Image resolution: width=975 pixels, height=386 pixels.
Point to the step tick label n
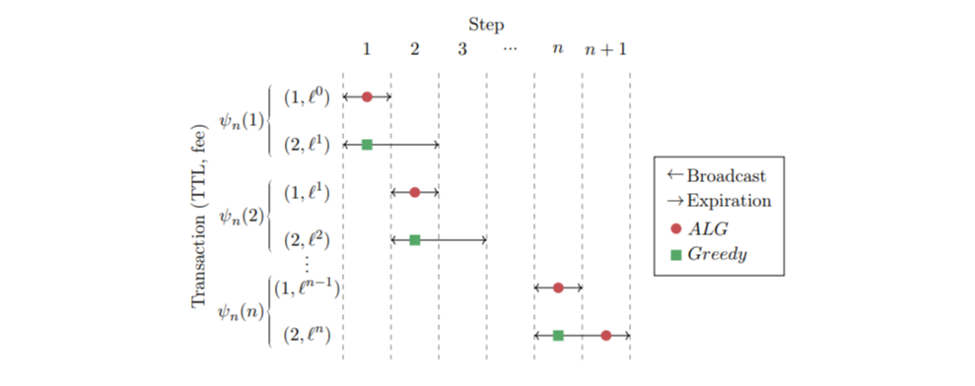[558, 48]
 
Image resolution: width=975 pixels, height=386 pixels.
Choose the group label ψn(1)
[242, 121]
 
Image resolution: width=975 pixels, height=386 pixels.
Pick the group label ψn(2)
[242, 216]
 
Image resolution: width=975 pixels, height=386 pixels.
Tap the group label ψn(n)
[242, 311]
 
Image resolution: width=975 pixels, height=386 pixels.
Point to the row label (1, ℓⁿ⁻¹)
[308, 288]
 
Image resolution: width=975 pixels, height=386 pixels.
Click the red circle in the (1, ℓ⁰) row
[367, 96]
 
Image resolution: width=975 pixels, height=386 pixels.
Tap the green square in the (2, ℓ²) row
[415, 239]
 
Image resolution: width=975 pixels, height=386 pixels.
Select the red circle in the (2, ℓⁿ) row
[606, 336]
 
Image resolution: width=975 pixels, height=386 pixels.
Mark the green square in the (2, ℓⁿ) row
[558, 336]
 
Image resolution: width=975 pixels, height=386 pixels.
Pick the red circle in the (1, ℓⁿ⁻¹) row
[558, 288]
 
